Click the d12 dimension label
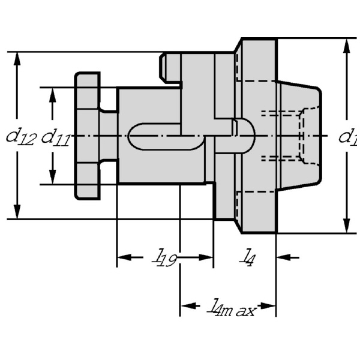click(x=20, y=137)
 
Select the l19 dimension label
click(x=163, y=259)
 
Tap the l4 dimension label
click(x=247, y=256)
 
